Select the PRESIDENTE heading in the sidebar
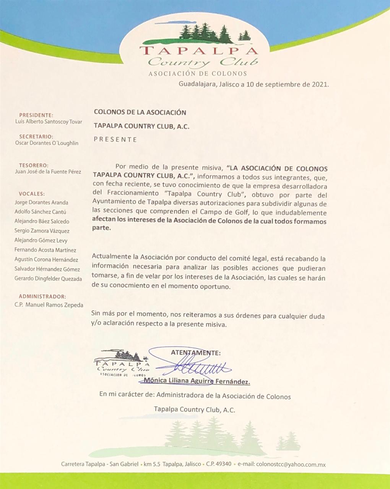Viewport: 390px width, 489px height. [36, 115]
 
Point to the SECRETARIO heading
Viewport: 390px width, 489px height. [36, 136]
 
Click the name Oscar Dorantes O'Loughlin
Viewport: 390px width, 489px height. [46, 143]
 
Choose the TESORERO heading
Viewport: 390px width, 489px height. [34, 165]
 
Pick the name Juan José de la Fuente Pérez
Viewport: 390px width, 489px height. [48, 172]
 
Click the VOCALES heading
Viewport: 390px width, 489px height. [32, 194]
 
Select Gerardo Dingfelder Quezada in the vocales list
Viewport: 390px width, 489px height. [48, 279]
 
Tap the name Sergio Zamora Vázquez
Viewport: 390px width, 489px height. [42, 231]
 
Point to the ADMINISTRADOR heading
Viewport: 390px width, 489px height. [42, 296]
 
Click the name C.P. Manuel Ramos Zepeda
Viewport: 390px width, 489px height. [49, 305]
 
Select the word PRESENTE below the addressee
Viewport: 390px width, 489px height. [115, 139]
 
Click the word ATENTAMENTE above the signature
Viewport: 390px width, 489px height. [195, 353]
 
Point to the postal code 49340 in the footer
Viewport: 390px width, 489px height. [224, 465]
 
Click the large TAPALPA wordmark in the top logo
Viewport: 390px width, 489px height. [198, 51]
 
